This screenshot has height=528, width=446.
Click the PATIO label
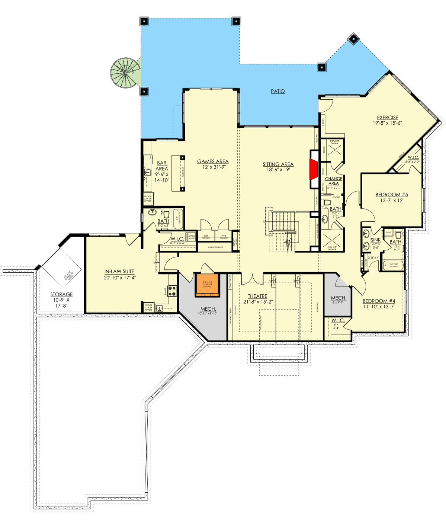tap(278, 91)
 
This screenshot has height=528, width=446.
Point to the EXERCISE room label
tap(388, 118)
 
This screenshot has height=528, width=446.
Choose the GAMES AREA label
tap(213, 161)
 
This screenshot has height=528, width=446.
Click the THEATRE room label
tap(258, 297)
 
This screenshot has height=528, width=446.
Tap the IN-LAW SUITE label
tap(119, 272)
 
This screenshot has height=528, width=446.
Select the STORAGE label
tap(62, 294)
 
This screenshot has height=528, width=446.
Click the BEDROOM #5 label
tap(392, 195)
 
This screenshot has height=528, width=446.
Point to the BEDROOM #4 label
tap(379, 301)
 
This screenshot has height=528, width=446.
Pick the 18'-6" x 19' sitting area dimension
tap(278, 170)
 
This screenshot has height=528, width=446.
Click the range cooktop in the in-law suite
tap(172, 291)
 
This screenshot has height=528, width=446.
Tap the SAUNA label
tap(334, 144)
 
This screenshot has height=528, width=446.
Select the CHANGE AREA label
tap(334, 181)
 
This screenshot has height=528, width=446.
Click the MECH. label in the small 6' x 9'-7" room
tap(338, 298)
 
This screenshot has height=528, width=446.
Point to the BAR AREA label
tap(162, 166)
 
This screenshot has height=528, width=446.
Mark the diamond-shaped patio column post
tap(353, 38)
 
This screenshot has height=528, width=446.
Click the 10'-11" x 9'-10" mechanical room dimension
tap(208, 314)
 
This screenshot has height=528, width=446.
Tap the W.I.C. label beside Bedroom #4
tap(338, 320)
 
